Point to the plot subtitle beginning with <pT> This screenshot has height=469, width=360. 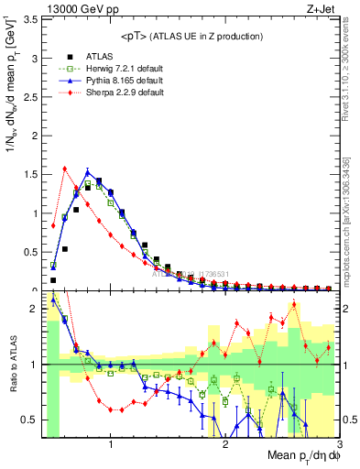click(x=191, y=36)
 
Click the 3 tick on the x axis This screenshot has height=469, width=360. click(x=338, y=445)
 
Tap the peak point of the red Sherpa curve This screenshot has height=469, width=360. click(x=64, y=168)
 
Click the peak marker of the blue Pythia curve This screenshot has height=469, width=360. click(x=87, y=171)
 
